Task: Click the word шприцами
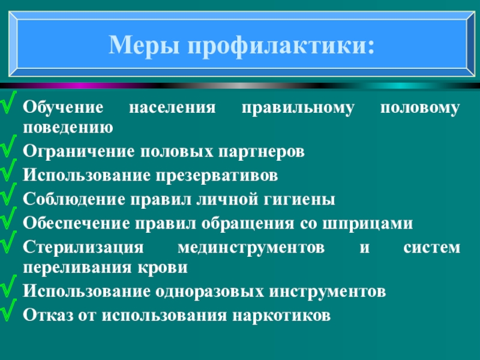pyautogui.click(x=376, y=223)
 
